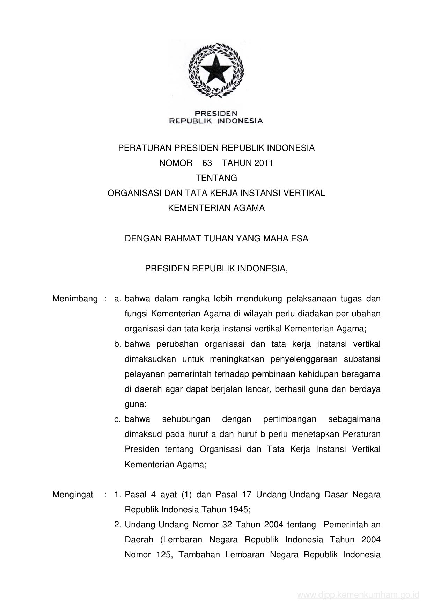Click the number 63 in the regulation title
click(207, 163)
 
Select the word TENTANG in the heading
click(216, 178)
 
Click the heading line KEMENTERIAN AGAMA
click(216, 208)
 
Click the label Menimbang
click(75, 299)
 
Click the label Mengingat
click(73, 495)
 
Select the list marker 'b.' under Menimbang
click(117, 344)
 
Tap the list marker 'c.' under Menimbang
click(117, 419)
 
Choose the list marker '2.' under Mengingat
click(117, 525)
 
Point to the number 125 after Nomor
click(163, 555)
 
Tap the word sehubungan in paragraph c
click(186, 419)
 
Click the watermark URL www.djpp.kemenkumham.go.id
click(358, 595)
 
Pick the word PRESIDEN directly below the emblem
click(216, 114)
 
